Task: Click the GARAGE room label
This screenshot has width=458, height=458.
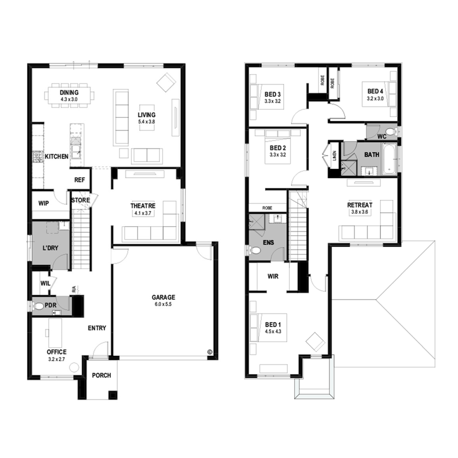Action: click(x=163, y=297)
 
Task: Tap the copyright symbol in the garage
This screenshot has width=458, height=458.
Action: click(x=209, y=352)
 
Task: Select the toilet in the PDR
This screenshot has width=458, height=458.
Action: click(x=39, y=306)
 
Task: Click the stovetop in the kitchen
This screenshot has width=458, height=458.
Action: click(x=37, y=156)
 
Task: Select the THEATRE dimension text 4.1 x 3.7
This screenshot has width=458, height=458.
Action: click(x=143, y=213)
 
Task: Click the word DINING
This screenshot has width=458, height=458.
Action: click(x=69, y=92)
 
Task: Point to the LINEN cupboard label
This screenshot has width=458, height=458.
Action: click(x=334, y=156)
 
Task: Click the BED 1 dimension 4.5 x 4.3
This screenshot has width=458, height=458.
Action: click(x=273, y=331)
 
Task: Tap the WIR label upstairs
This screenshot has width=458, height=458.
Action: click(x=273, y=276)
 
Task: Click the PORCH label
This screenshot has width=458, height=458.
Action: click(x=102, y=375)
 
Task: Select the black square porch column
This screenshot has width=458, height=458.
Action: click(x=113, y=395)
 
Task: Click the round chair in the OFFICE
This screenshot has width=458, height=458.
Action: click(x=74, y=367)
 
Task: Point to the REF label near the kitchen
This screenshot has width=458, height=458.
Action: click(x=80, y=180)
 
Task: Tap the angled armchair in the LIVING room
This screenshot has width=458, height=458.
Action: click(x=166, y=82)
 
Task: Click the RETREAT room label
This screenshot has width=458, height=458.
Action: click(x=360, y=205)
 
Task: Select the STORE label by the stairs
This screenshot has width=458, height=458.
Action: click(x=81, y=200)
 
